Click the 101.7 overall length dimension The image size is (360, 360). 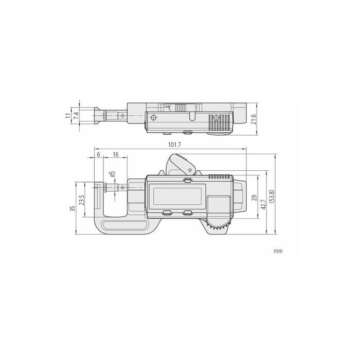[x=174, y=145]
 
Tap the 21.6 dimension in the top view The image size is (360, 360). [x=254, y=119]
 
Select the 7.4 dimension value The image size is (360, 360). [x=76, y=115]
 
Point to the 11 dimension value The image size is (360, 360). [x=68, y=115]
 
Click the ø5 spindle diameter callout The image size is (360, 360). [x=112, y=174]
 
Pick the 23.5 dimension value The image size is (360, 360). [x=81, y=200]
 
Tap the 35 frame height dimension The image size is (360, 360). [x=73, y=208]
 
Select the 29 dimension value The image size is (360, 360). [x=254, y=198]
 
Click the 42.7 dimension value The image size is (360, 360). [x=263, y=205]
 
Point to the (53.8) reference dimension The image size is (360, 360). [x=272, y=196]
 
